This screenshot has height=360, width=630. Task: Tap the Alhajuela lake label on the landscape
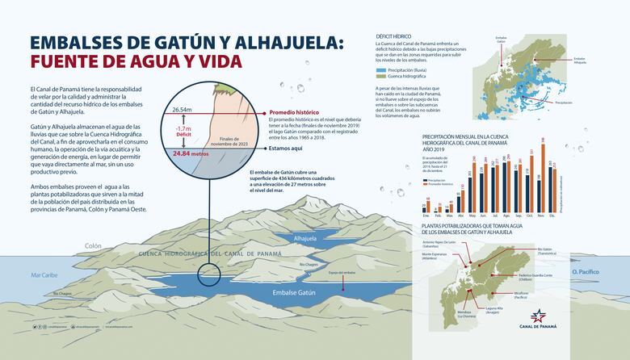coord(305,239)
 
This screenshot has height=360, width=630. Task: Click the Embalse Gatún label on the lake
coord(293,291)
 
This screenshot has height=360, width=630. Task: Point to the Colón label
coord(93,245)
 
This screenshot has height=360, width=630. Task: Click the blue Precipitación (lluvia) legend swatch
coord(382,70)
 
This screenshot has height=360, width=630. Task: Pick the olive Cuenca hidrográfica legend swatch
coord(382,77)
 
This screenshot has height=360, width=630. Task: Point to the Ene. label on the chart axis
coord(426,216)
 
